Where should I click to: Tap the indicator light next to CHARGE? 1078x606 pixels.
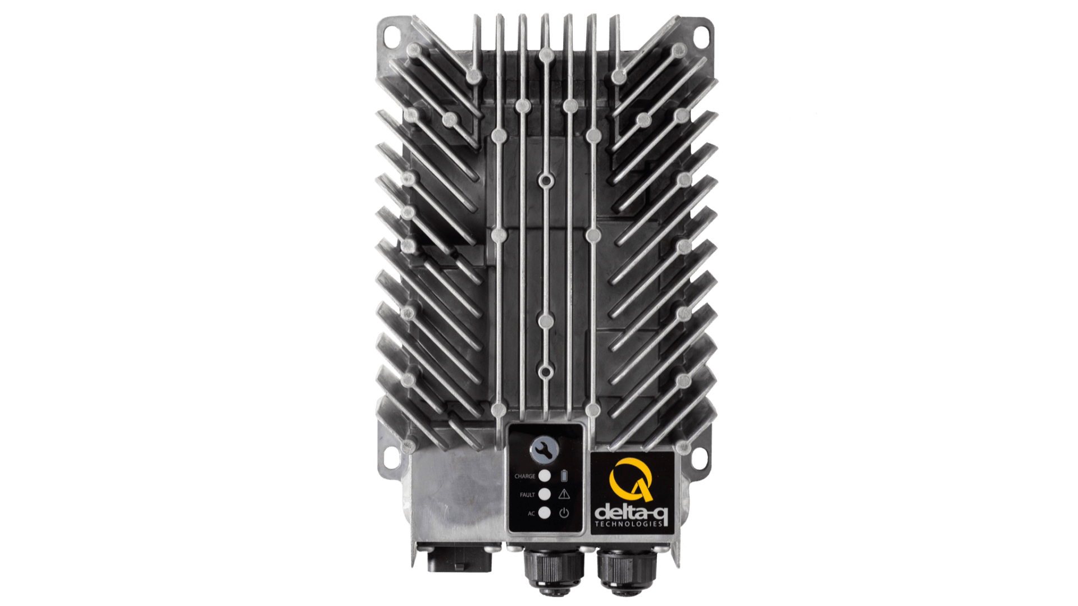tap(544, 476)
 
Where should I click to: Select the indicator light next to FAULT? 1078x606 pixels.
tap(544, 494)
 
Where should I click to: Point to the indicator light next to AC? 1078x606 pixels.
tap(544, 512)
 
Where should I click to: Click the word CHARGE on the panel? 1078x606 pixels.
tap(525, 476)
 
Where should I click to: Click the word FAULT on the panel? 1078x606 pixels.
tap(527, 495)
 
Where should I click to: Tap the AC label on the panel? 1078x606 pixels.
tap(531, 513)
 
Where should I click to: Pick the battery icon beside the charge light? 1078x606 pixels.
tap(564, 476)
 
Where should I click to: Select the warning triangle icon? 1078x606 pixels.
tap(564, 494)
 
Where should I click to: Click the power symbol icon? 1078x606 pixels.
tap(564, 512)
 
